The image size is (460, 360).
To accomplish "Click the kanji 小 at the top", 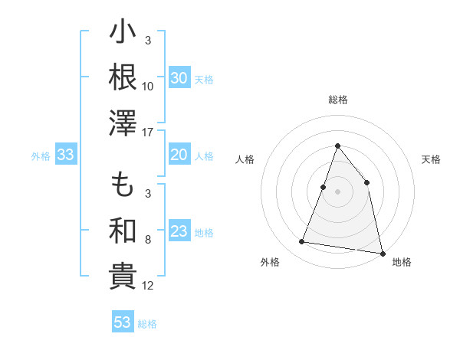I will [123, 34].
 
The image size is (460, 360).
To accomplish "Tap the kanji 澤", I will [123, 123].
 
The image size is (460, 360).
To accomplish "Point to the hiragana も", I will [123, 186].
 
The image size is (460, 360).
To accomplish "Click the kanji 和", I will [123, 231].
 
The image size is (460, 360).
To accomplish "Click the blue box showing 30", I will [179, 78].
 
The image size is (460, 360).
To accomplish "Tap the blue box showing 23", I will [179, 231].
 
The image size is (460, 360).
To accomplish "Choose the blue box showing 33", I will [65, 155].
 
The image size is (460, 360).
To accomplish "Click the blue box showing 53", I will [122, 322].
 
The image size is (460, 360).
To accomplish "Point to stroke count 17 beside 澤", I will [148, 133].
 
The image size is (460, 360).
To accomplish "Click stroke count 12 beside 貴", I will [148, 286].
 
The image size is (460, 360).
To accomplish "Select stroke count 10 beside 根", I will [148, 86].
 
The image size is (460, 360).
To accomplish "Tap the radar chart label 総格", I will [337, 100].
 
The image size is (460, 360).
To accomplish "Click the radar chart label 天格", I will [432, 159].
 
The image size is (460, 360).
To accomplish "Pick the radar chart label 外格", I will [270, 262].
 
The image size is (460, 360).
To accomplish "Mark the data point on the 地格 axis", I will [382, 252].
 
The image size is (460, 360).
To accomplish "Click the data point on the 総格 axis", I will [337, 146].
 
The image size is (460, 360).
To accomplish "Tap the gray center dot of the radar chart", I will [337, 191].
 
